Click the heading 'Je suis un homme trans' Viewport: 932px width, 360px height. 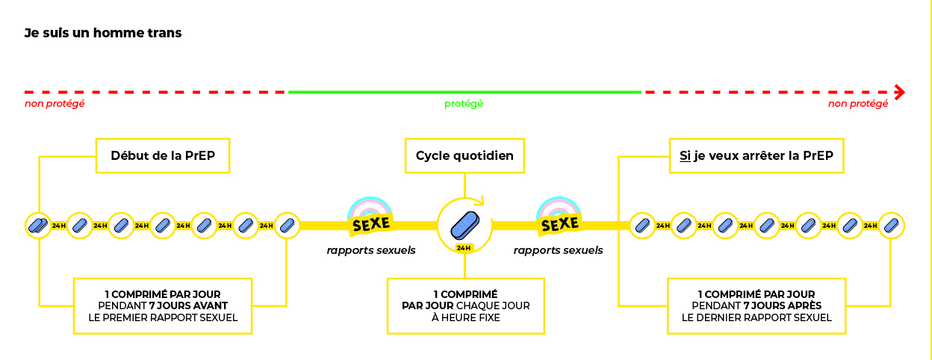pos(103,33)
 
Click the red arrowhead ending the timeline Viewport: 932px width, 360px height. pos(900,92)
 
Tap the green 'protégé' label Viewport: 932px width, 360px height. pos(464,104)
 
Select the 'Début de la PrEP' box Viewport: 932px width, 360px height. pos(161,155)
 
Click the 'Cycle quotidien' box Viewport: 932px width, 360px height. pos(464,155)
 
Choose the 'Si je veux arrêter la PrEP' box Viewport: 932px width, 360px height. pos(756,155)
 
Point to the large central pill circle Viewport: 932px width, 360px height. pos(464,223)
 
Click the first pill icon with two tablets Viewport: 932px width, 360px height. pos(37,225)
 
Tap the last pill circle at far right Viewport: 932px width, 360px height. pos(891,225)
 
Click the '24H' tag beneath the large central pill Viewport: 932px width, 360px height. pos(464,247)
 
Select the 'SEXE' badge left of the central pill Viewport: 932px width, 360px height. pos(371,223)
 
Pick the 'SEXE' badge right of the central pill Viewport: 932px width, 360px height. pos(559,223)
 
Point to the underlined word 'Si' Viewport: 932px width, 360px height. pos(685,156)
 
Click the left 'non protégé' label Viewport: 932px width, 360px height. pos(55,104)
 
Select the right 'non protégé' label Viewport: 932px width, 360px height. pos(858,104)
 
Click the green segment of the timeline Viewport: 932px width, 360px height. pos(464,92)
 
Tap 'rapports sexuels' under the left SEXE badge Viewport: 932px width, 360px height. pos(371,250)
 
